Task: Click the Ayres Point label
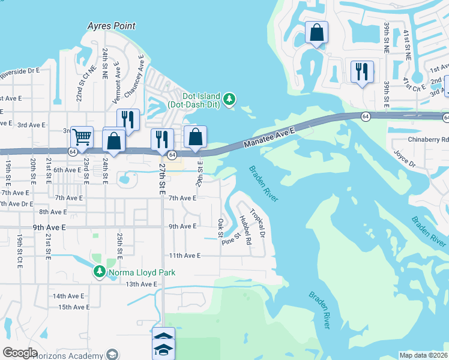coord(111,26)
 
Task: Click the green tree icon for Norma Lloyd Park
coord(99,272)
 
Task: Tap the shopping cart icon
coord(82,136)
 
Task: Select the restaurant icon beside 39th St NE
coord(362,71)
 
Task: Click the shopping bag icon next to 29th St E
coord(196,136)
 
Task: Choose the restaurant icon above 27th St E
coord(162,139)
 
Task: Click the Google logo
coord(20,352)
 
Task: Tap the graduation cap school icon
coord(163,350)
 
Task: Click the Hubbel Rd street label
coord(244,228)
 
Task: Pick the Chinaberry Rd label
coord(428,139)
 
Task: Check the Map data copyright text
coord(423,355)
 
